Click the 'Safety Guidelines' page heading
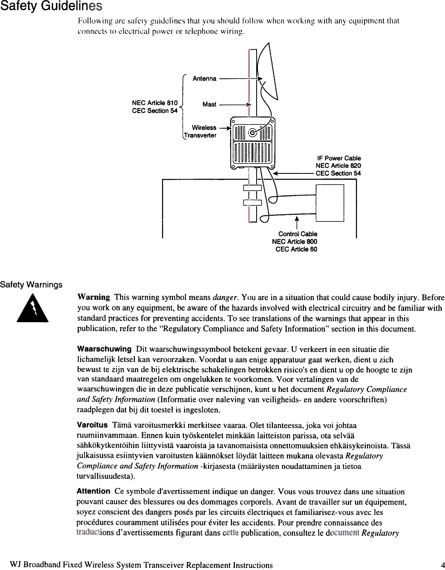(51, 6)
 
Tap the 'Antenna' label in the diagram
(204, 78)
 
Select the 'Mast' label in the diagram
(209, 104)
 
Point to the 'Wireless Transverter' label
(200, 132)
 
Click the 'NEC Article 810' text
(155, 103)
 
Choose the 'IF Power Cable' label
(339, 158)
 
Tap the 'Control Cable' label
(297, 234)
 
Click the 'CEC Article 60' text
(296, 249)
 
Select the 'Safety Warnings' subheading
(31, 285)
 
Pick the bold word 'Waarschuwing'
(104, 349)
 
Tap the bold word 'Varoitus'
(92, 425)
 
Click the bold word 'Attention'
(93, 491)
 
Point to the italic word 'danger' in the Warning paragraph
(225, 297)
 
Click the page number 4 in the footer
(443, 565)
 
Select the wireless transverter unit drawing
(253, 143)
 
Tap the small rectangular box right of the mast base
(330, 203)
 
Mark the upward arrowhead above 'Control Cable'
(297, 218)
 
